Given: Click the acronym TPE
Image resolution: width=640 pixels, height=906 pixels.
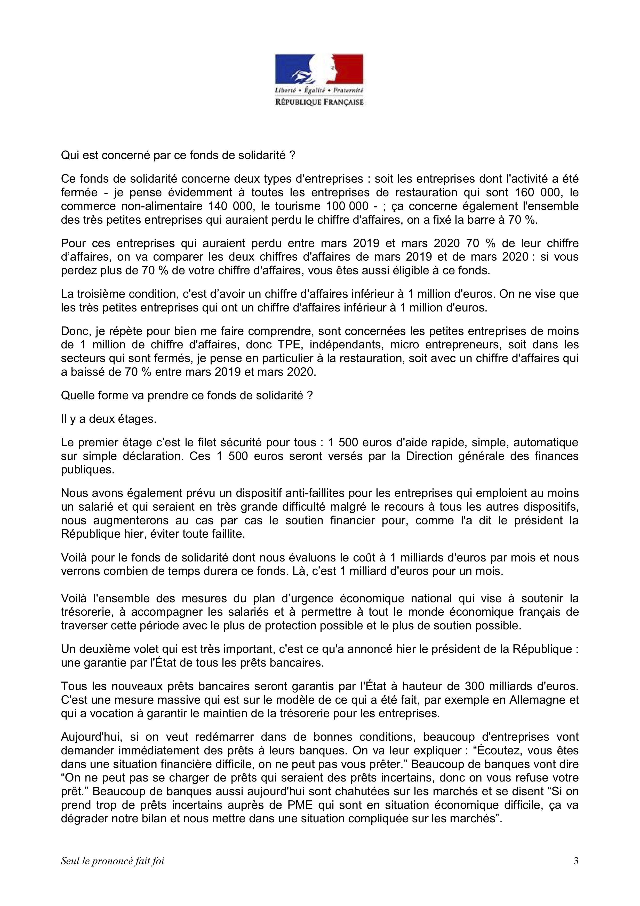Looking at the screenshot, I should point(287,345).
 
